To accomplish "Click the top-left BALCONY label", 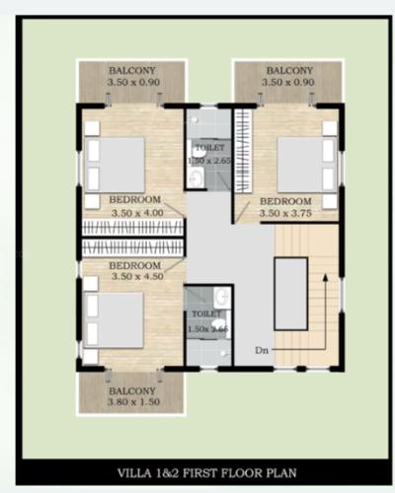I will click(x=130, y=71).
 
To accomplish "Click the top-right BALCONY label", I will click(x=288, y=71).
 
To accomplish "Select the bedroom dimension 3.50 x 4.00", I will click(x=135, y=212).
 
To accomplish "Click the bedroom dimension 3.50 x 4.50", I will click(x=134, y=279).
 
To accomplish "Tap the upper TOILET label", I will click(x=207, y=147).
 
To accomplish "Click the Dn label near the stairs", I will click(x=262, y=350).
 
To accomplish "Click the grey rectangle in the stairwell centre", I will click(x=290, y=293).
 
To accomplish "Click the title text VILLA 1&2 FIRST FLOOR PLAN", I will click(x=197, y=471).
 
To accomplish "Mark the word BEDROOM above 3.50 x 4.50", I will click(x=134, y=267).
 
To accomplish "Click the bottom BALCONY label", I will click(x=130, y=390).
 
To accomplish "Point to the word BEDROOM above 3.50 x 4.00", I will click(x=135, y=200).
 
